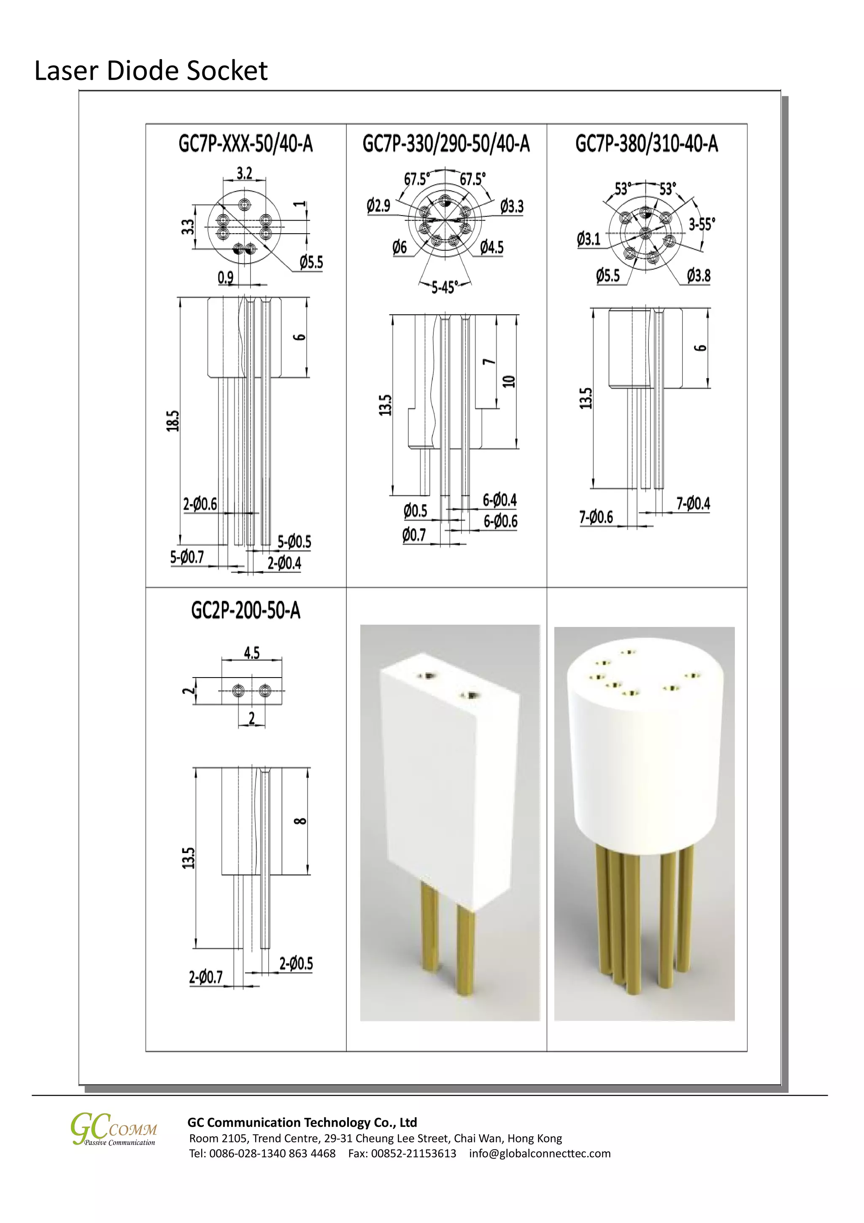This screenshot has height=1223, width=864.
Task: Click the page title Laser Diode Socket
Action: point(151,71)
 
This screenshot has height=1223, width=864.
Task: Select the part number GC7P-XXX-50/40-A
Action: point(246,144)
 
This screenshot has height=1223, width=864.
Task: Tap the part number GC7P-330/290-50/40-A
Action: point(446,144)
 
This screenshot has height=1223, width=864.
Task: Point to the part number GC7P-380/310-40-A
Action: point(646,144)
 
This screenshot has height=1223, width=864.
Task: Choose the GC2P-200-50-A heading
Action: point(246,610)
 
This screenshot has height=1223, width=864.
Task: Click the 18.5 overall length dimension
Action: point(173,421)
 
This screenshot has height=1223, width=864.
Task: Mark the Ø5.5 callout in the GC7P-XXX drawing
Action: point(310,262)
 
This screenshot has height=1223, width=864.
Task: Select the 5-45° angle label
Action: point(443,288)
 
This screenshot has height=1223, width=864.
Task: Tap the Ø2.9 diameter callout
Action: point(379,205)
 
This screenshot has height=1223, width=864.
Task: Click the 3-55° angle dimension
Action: point(702,224)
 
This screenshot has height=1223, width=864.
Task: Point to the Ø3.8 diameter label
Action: point(698,275)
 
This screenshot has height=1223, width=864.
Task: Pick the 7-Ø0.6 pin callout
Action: point(596,517)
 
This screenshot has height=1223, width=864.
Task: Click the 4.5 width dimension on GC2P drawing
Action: point(251,653)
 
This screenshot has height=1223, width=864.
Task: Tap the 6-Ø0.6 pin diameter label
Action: point(500,521)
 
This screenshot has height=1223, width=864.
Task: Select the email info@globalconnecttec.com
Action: point(540,1153)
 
